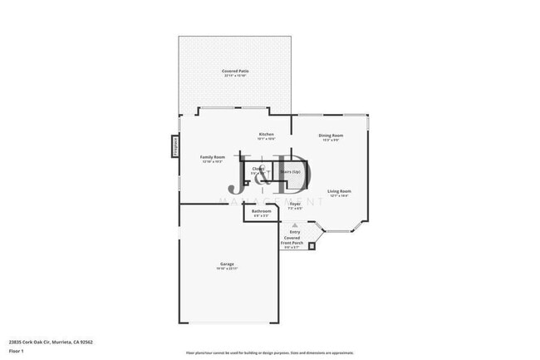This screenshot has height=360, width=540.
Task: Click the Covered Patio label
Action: pos(235,72)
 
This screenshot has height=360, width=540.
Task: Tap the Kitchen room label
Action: pos(266,135)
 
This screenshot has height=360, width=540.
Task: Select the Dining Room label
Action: pos(331,136)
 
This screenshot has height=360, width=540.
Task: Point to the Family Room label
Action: pos(214,157)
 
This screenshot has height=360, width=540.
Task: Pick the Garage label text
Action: pos(227,264)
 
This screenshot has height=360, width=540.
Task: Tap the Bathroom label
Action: pos(262,211)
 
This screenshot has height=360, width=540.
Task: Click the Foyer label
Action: pos(295,203)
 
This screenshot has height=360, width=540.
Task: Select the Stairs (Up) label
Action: pos(290,172)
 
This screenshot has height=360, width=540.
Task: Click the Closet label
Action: pos(258,169)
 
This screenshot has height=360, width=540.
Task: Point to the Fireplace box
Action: pos(175,145)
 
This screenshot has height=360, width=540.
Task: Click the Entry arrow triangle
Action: pos(295,224)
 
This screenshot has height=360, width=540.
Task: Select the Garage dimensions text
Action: pos(227,269)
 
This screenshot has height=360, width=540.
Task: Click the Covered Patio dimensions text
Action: pos(235,76)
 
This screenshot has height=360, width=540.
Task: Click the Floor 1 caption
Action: pos(17,351)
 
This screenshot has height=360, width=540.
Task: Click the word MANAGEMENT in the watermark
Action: pos(270,202)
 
